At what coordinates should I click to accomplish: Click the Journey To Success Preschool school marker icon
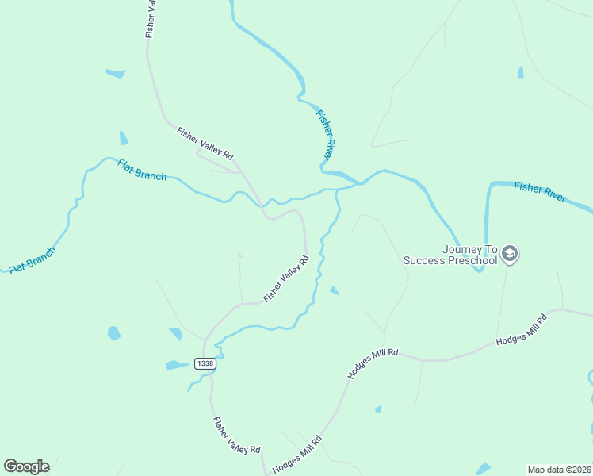click(x=510, y=254)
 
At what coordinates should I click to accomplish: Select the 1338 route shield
click(x=205, y=363)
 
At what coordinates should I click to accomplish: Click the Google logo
click(x=26, y=466)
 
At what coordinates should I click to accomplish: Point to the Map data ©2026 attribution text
click(x=558, y=470)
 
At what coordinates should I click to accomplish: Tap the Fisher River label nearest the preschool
click(x=540, y=191)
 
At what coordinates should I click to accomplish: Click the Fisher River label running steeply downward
click(x=327, y=132)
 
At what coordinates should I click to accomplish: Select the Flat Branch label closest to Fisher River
click(x=142, y=170)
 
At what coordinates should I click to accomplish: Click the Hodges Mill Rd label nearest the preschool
click(x=522, y=329)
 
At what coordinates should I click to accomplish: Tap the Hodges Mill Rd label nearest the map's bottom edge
click(x=296, y=455)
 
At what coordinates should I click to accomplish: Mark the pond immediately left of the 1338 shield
click(x=174, y=365)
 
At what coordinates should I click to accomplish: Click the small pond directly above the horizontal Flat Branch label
click(x=124, y=138)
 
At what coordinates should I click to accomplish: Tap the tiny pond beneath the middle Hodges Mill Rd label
click(x=378, y=409)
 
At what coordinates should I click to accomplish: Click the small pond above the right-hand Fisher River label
click(x=520, y=73)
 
